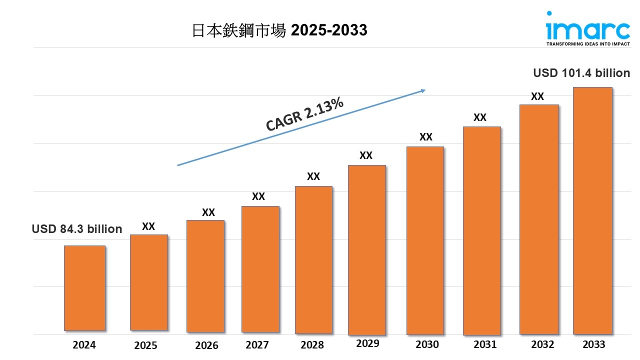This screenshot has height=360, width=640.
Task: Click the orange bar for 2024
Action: [x=84, y=288]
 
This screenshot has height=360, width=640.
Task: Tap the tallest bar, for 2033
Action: [x=592, y=210]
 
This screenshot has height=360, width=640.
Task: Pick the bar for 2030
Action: [x=425, y=240]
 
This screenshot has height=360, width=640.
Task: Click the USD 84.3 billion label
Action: [x=77, y=229]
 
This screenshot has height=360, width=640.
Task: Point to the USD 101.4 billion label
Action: [x=581, y=73]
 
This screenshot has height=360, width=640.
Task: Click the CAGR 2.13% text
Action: [x=304, y=114]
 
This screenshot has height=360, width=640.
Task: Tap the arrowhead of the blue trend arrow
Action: [x=422, y=90]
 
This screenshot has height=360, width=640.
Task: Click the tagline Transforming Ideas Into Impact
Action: [x=587, y=44]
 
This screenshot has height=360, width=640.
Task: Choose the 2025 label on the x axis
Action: [x=145, y=345]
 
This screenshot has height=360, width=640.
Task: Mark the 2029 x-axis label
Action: [x=367, y=343]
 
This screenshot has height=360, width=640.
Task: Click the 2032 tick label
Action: [x=542, y=344]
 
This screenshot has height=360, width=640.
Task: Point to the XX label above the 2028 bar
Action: [x=313, y=176]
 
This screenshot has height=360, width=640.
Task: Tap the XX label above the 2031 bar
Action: [x=480, y=117]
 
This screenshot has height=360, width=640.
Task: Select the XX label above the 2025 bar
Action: [x=148, y=226]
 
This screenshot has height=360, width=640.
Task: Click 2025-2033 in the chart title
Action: [x=329, y=30]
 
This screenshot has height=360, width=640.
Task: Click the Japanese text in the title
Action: [x=239, y=30]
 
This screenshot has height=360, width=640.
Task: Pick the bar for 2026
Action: [x=205, y=276]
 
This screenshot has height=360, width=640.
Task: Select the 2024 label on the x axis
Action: [x=84, y=344]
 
